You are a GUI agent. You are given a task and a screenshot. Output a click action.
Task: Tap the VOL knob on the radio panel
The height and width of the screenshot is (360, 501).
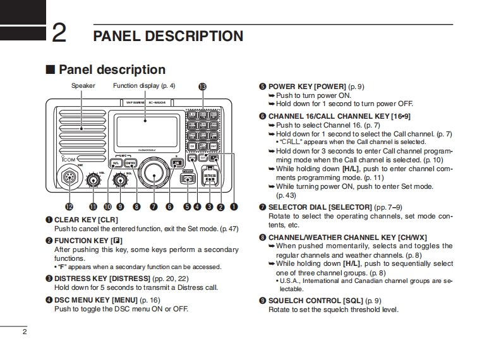[94, 181]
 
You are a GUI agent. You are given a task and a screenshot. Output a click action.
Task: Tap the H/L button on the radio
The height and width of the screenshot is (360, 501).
[116, 163]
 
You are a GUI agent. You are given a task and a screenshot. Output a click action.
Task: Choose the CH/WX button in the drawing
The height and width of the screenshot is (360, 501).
[130, 163]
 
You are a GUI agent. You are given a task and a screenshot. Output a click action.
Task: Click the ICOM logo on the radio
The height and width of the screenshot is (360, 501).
[67, 160]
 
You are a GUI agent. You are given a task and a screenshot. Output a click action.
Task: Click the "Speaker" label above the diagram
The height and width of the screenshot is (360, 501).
[83, 86]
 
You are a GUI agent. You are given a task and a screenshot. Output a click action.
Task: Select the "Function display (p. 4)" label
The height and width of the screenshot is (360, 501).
[144, 86]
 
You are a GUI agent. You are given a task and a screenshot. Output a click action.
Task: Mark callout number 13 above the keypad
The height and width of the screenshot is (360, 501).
[202, 87]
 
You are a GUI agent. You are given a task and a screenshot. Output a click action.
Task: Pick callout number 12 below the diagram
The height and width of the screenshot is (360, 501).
[68, 206]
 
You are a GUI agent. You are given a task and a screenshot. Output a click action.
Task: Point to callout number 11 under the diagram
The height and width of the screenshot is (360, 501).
[94, 206]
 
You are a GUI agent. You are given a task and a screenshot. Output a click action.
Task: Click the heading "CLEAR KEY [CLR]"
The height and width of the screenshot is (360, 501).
[87, 219]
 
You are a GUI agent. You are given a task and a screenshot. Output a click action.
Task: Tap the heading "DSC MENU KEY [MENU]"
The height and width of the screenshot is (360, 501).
[96, 300]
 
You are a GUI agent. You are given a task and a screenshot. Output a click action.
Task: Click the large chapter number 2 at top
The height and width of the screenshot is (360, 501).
[59, 33]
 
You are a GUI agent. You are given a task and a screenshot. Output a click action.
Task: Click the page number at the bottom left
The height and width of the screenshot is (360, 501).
[24, 332]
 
